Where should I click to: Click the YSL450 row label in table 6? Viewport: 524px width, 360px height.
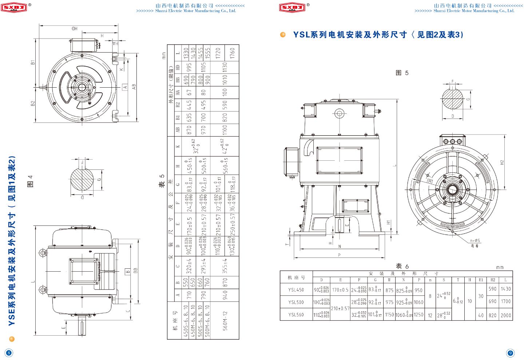tap(296, 290)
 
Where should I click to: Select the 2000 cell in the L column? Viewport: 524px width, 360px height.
tap(506, 315)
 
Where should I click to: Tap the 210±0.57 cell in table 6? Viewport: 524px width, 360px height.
tap(340, 308)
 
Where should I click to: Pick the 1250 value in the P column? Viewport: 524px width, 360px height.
tap(418, 315)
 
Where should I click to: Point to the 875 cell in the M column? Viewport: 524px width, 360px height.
tap(389, 290)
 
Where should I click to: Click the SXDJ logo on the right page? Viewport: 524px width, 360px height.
tap(292, 7)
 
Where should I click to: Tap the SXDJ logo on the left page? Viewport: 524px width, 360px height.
tap(14, 7)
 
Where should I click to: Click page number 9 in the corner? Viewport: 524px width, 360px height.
tap(510, 353)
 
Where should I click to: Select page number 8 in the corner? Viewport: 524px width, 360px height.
tap(9, 353)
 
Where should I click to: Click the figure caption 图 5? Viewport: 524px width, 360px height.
tap(402, 73)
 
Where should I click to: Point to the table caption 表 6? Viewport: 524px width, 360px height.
tap(402, 267)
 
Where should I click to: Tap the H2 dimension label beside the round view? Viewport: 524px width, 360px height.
tap(502, 163)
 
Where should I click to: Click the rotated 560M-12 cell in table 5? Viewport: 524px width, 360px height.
tap(225, 320)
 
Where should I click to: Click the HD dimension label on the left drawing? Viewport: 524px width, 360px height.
tap(74, 28)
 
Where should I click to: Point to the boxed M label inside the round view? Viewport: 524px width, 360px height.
tap(430, 181)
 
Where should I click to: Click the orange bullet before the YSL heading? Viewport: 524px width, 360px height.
tap(283, 35)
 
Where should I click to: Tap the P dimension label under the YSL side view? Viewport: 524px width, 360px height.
tap(339, 255)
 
